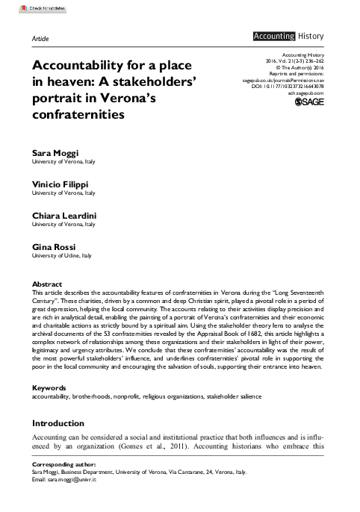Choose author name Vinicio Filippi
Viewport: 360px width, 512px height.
63,184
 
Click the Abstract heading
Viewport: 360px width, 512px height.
47,284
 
